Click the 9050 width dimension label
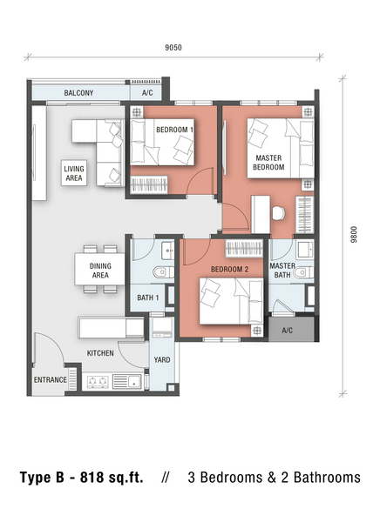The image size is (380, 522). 173,48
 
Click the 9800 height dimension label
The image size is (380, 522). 354,234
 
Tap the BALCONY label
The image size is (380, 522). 78,93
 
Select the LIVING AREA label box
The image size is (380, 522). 74,173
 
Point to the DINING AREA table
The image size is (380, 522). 100,270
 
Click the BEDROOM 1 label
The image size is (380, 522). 174,130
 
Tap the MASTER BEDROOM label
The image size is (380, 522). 268,163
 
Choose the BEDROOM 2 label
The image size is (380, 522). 229,270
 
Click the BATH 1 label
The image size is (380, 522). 148,298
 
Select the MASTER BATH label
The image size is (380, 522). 282,271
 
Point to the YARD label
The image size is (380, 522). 162,360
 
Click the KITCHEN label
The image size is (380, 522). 100,353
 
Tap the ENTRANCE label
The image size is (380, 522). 50,380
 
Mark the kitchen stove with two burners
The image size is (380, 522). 98,381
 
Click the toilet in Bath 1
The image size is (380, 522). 164,272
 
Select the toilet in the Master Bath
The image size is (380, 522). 303,273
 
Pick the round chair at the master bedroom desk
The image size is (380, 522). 279,213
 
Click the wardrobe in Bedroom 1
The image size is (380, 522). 149,184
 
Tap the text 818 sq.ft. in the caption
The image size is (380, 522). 112,478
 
